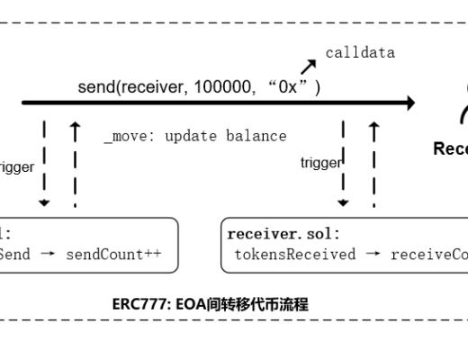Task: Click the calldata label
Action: tap(360, 53)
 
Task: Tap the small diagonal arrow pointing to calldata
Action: tap(308, 67)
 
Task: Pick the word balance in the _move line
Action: tap(256, 137)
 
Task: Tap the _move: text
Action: tap(127, 137)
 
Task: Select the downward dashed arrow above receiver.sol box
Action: tap(343, 162)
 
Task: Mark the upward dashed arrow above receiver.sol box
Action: tap(373, 162)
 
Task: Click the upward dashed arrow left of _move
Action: tap(75, 162)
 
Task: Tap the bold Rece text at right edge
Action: tap(450, 149)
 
